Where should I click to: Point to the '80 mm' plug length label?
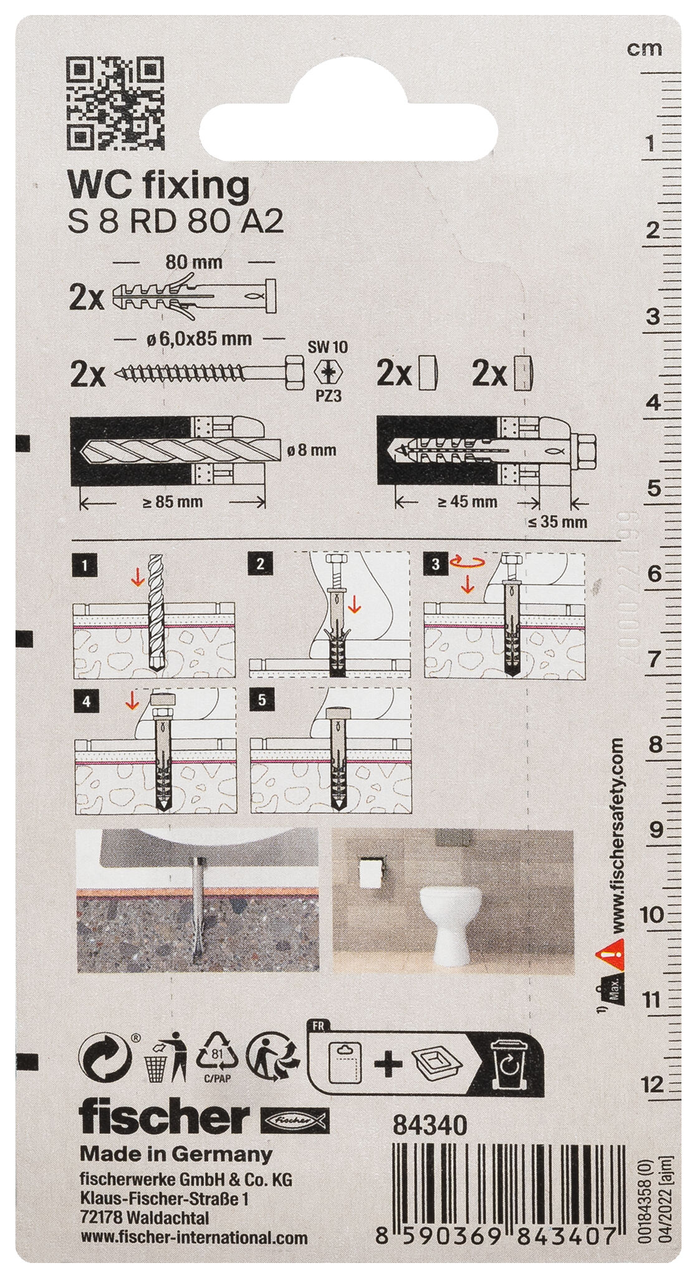193,262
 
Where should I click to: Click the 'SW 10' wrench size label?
328,348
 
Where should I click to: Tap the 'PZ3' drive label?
328,396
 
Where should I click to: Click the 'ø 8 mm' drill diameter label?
311,449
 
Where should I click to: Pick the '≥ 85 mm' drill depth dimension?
172,502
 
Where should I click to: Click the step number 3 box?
436,564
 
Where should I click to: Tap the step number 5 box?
261,700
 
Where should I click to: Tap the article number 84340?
430,1125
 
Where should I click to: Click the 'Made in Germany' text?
176,1154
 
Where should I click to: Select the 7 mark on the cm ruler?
653,660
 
